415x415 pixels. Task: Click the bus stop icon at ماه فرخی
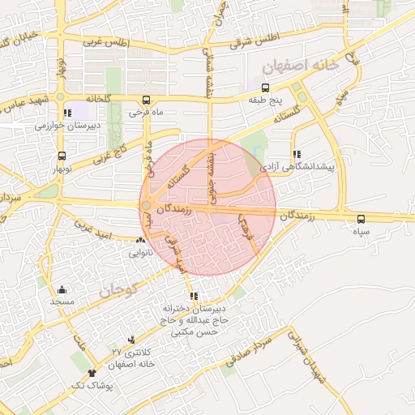pyautogui.click(x=147, y=98)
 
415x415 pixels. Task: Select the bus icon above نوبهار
pyautogui.click(x=62, y=156)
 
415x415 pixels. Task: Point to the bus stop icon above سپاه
pyautogui.click(x=361, y=218)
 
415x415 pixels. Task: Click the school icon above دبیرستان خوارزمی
pyautogui.click(x=66, y=113)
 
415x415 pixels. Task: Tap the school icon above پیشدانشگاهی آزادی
pyautogui.click(x=297, y=152)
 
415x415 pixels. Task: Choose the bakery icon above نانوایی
pyautogui.click(x=142, y=241)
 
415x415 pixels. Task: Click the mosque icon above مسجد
pyautogui.click(x=62, y=289)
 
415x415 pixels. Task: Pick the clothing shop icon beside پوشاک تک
pyautogui.click(x=92, y=373)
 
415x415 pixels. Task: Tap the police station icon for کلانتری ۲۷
pyautogui.click(x=131, y=340)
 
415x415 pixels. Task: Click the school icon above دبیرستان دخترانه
pyautogui.click(x=193, y=296)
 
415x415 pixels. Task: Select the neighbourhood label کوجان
pyautogui.click(x=122, y=285)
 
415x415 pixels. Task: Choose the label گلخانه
pyautogui.click(x=92, y=98)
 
